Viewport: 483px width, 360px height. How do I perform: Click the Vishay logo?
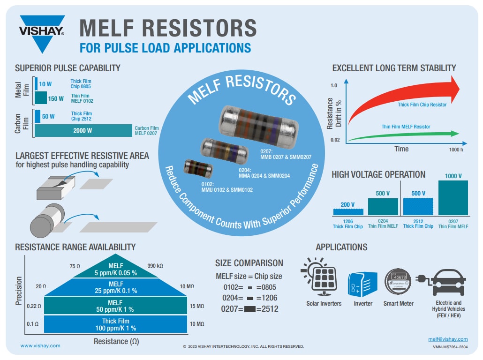42,33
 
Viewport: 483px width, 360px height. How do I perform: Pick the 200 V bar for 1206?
348,211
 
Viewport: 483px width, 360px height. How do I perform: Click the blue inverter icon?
362,284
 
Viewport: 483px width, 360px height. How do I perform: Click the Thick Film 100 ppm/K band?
116,324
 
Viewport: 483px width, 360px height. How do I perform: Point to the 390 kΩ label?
155,266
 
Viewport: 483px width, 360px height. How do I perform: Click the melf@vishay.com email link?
448,339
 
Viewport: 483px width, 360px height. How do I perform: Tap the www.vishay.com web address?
40,345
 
